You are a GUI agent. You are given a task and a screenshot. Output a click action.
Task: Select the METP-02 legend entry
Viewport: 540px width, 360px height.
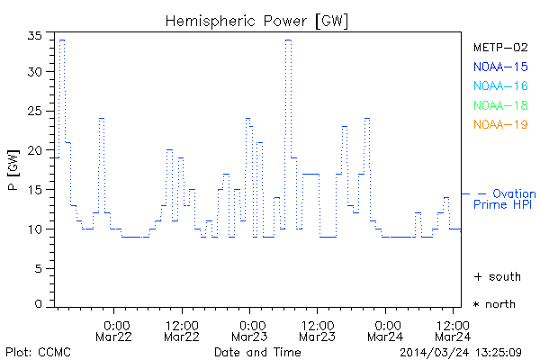pos(500,47)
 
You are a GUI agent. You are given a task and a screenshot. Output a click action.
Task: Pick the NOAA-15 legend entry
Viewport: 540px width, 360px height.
pos(500,67)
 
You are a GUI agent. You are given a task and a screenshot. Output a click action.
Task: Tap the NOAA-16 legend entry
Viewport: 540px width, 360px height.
pos(500,85)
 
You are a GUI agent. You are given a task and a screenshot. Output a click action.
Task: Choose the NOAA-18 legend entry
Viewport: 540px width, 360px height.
pos(500,105)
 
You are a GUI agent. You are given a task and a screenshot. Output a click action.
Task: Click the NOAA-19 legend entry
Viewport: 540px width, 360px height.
pos(500,124)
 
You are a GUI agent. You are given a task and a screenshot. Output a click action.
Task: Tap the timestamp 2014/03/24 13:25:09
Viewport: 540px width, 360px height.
pos(462,351)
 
